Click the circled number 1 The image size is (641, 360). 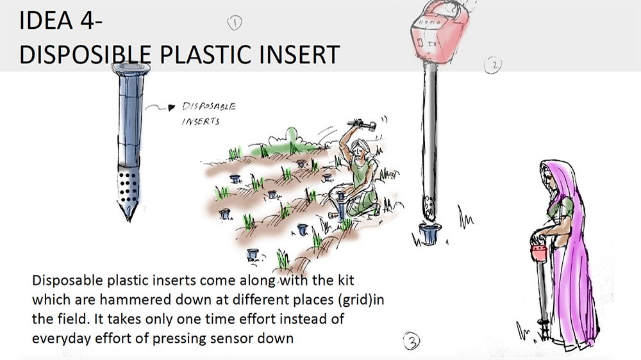coord(234,23)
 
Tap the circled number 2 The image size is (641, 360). coord(493,65)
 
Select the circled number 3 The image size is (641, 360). coord(412,340)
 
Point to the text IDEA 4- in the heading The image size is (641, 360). coord(60,20)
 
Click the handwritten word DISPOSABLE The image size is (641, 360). coord(209,106)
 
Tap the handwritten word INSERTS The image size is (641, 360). coord(201,121)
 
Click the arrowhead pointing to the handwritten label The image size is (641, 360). coord(172,108)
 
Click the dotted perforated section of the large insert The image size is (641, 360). coord(128,187)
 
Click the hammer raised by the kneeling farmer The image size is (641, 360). coord(362,124)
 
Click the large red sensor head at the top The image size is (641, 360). coord(437,32)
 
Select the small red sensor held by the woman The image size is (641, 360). coord(539,252)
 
